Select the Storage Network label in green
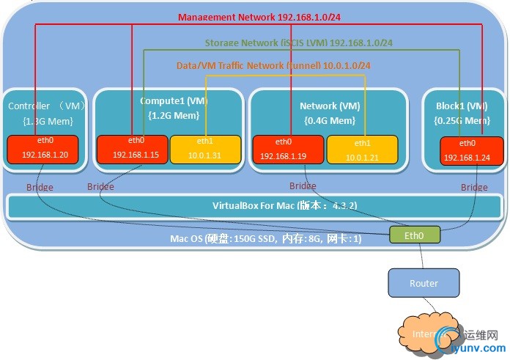pyautogui.click(x=298, y=43)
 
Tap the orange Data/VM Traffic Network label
pyautogui.click(x=273, y=65)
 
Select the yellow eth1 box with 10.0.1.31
pyautogui.click(x=204, y=149)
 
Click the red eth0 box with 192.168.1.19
pyautogui.click(x=287, y=150)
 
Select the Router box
pyautogui.click(x=424, y=283)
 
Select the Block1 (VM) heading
pyautogui.click(x=457, y=106)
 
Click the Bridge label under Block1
pyautogui.click(x=473, y=188)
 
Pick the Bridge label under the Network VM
pyautogui.click(x=302, y=186)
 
